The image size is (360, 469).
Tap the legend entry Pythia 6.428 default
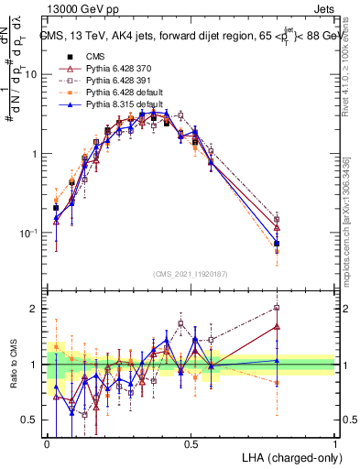111,94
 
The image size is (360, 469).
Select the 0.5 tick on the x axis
191,443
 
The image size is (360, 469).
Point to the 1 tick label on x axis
335,443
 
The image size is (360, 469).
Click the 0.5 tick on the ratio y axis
33,420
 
